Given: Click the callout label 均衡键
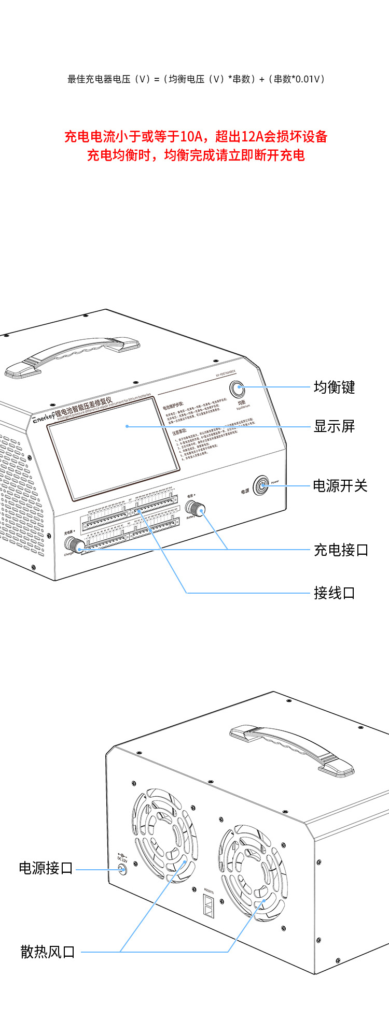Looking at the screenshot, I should coord(334,387).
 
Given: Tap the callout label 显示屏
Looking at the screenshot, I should coord(334,426).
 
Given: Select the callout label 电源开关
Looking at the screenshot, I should coord(340,485).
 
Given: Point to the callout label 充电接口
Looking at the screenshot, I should coord(341,550).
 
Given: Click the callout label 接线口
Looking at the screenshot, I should coord(334,593).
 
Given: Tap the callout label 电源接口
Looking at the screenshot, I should coord(46,868).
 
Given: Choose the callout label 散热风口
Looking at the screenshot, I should coord(48,952).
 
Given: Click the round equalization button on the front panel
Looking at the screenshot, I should coord(238,389).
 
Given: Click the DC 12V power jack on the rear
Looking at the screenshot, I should coord(122,870).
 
